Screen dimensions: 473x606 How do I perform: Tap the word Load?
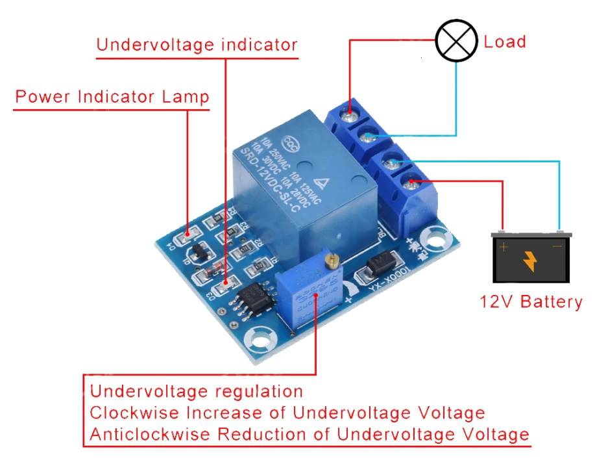coord(505,42)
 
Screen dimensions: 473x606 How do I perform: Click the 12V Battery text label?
coord(531,302)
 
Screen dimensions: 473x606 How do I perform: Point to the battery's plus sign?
coord(503,248)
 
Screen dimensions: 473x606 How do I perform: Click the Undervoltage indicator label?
coord(197,45)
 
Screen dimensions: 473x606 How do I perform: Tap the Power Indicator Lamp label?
coord(112,97)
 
